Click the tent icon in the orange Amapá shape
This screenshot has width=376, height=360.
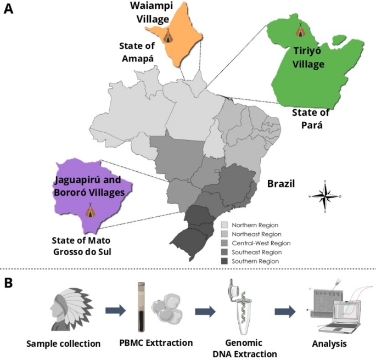[168, 36]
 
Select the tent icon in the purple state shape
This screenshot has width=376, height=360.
[91, 210]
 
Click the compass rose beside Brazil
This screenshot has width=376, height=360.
[325, 196]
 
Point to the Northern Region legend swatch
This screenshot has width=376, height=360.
[225, 225]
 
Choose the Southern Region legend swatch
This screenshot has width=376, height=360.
[225, 261]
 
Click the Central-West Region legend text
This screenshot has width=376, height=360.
[261, 243]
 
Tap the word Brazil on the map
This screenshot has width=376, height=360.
[281, 184]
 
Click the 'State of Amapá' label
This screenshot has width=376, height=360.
[137, 52]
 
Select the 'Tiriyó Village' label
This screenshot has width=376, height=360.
[308, 58]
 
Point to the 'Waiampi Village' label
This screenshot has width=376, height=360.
[152, 13]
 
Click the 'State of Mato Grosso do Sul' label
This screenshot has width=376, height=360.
[82, 246]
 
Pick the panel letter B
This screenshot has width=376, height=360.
[8, 283]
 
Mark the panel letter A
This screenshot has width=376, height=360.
[8, 9]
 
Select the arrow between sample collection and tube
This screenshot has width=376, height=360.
[116, 311]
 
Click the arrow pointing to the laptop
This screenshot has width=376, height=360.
[285, 312]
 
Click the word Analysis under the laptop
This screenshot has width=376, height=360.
[329, 344]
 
